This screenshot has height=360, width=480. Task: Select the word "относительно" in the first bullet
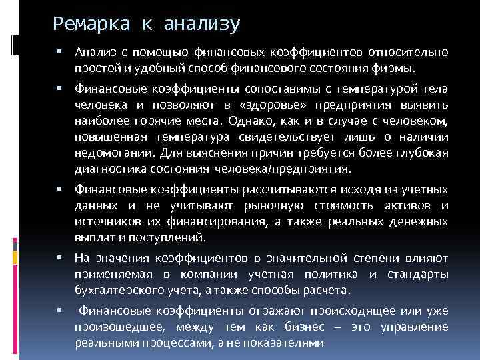[x=413, y=53]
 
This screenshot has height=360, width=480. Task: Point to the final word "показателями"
[x=291, y=343]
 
